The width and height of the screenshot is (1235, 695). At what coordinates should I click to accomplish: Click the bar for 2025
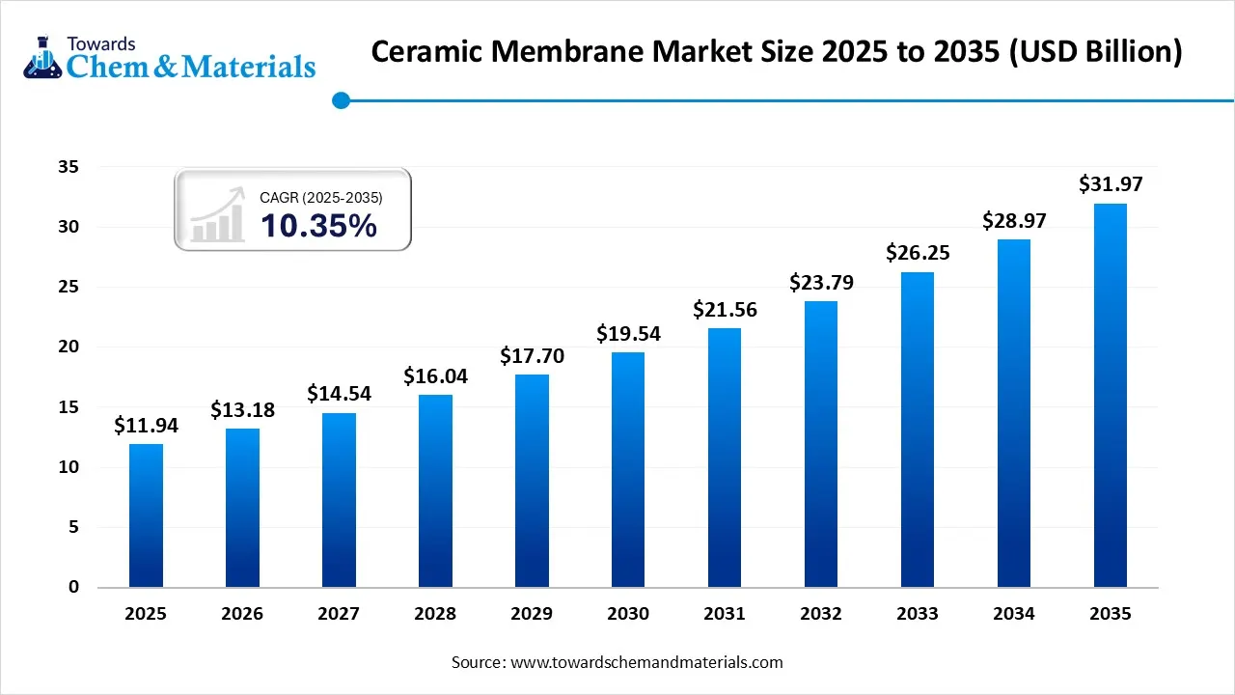(146, 515)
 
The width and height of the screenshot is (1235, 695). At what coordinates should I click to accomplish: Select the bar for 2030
(628, 469)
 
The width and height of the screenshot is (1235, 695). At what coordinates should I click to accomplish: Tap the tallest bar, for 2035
(1111, 395)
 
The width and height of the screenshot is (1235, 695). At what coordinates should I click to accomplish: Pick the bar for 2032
(821, 444)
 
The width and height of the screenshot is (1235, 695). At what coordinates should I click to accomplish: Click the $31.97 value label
(1111, 183)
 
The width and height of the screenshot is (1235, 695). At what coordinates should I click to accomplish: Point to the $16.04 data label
(435, 375)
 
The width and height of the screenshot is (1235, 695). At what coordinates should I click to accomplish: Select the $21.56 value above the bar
(725, 310)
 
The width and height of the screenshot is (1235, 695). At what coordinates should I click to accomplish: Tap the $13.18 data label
(242, 410)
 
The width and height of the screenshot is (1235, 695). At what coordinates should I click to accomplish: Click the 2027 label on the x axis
(339, 614)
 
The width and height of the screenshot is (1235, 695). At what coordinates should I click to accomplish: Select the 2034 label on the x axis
(1014, 614)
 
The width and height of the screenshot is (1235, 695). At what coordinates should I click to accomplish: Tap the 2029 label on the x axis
(532, 614)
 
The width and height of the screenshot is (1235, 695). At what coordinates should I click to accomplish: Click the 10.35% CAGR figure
(318, 226)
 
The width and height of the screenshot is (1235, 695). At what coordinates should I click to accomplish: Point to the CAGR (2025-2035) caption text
(321, 197)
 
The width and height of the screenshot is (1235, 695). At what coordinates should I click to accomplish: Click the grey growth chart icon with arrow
(218, 215)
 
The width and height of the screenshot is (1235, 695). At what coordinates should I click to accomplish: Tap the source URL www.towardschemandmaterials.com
(645, 662)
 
